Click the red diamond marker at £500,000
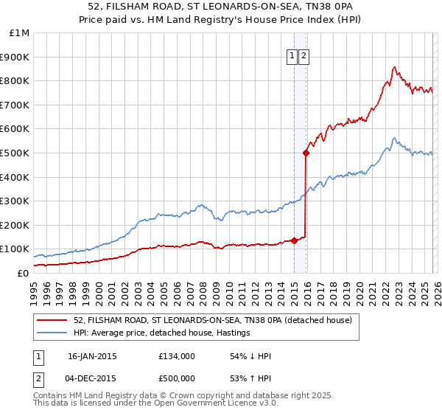(306, 153)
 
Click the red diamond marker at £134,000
(294, 240)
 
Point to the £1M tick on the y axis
(20, 33)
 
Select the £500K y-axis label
(16, 153)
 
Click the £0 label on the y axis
(23, 273)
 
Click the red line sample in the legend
(52, 320)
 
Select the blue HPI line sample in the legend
(52, 333)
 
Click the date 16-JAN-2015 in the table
(92, 356)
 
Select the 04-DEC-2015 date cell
(92, 380)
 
